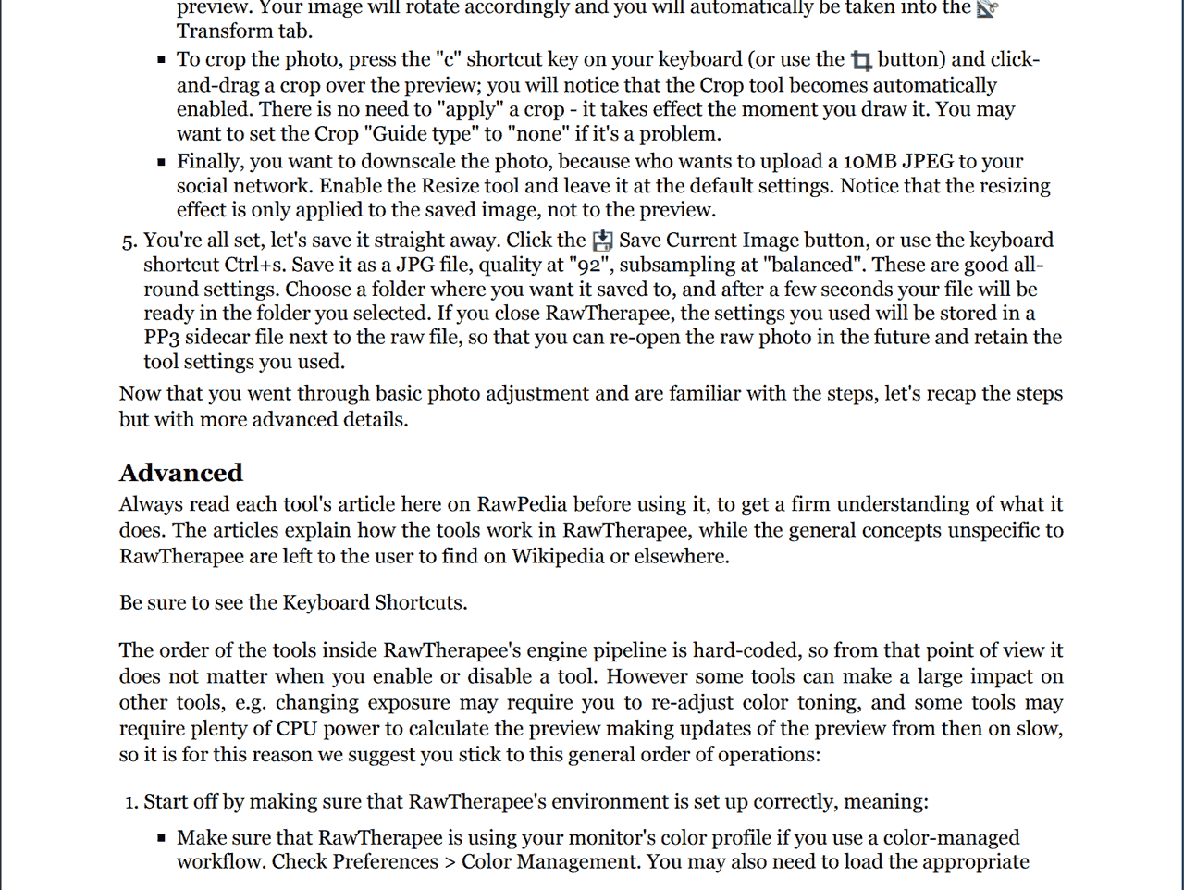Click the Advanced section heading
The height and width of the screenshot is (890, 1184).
(180, 473)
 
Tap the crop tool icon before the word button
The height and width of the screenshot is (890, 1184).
(861, 61)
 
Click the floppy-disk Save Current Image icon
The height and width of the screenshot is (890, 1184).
(602, 241)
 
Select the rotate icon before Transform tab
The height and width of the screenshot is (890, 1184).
(987, 8)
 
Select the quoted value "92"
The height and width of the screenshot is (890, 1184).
(587, 265)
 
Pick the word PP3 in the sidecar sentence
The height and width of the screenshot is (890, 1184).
(161, 337)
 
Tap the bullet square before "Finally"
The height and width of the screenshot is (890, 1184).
(162, 162)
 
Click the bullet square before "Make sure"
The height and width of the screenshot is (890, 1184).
(162, 838)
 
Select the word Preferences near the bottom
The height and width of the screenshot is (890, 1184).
(386, 861)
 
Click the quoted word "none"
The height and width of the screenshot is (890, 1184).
(537, 133)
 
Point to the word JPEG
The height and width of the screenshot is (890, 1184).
(928, 161)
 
